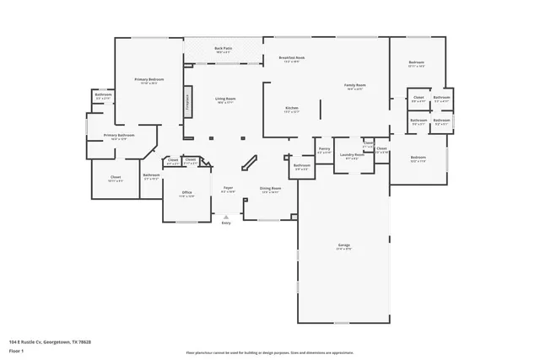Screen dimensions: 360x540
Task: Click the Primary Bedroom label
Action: [149, 80]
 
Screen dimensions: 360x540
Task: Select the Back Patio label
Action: [224, 49]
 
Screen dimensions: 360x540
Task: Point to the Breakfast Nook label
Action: [292, 58]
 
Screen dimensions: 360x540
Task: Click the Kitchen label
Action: [292, 109]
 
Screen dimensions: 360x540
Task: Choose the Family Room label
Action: [355, 86]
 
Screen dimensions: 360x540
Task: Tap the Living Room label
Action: [224, 99]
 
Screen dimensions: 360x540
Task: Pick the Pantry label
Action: [324, 149]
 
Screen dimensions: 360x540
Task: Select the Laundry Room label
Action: [352, 155]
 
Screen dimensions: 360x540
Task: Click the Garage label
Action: [343, 246]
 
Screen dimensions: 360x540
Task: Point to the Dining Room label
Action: [270, 189]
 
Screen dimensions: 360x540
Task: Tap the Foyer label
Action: [228, 188]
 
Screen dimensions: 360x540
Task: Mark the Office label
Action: [187, 193]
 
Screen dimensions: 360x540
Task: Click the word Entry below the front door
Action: [226, 223]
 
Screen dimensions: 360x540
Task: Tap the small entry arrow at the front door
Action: [226, 216]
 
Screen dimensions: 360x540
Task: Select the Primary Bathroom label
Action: [120, 136]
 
